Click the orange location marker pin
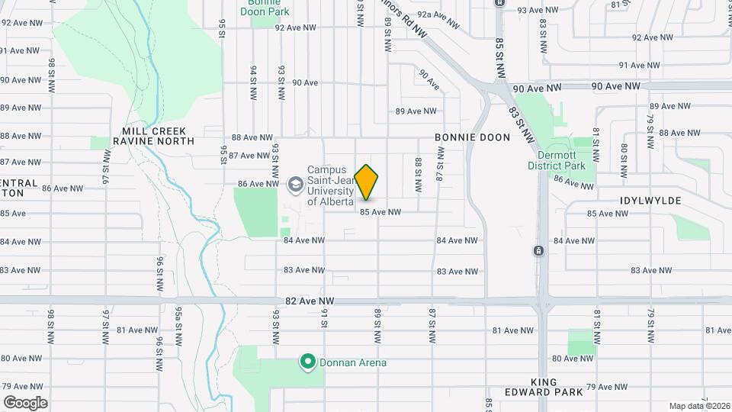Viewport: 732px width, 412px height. (367, 182)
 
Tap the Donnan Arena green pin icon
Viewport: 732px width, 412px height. (307, 362)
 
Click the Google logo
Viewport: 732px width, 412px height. (25, 402)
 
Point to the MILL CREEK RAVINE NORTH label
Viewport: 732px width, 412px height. (153, 136)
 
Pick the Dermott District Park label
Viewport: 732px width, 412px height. (555, 159)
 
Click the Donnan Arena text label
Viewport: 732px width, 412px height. (352, 362)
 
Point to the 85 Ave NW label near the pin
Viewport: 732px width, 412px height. (380, 212)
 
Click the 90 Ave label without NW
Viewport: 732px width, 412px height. (304, 82)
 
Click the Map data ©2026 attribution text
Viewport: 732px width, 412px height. (698, 405)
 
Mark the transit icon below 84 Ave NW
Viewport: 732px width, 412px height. (538, 251)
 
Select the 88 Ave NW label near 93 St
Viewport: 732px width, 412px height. (252, 138)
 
